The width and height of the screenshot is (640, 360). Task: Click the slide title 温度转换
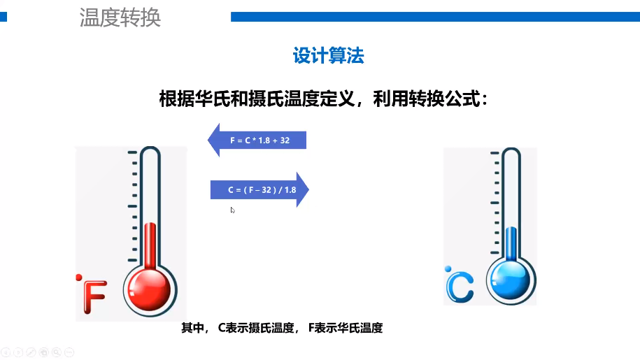point(120,17)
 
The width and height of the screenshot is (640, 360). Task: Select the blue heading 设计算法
point(329,55)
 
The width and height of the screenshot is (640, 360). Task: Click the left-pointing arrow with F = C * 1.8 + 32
point(257,140)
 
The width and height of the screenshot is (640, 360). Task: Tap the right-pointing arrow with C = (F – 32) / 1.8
point(259,189)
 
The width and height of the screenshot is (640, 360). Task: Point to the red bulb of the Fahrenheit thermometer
point(150,289)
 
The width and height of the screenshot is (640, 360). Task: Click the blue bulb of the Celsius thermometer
point(510,280)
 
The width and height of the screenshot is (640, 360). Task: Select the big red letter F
point(94,297)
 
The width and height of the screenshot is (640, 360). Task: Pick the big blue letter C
point(460,287)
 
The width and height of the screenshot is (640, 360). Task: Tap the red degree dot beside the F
point(79,278)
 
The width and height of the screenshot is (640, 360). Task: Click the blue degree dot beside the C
point(448,268)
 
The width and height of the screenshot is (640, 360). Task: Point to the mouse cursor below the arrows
point(232,210)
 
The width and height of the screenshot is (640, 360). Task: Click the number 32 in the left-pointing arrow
point(285,141)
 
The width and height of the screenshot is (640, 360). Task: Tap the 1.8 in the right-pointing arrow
point(290,190)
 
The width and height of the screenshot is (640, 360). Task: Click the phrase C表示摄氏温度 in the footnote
point(256,328)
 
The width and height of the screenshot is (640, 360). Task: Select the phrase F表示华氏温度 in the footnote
point(346,328)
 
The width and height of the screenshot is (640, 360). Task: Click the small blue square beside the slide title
point(3,17)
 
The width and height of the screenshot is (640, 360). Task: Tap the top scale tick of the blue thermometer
point(495,153)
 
